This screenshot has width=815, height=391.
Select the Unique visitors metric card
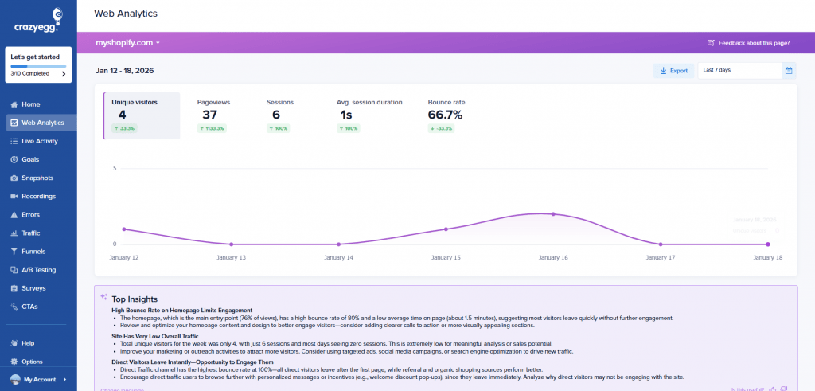(142, 115)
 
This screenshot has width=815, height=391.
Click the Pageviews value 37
(209, 115)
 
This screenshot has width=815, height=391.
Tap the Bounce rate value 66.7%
(445, 115)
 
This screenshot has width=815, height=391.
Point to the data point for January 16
(553, 214)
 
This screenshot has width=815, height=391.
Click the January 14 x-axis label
(338, 258)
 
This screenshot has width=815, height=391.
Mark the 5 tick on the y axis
(115, 169)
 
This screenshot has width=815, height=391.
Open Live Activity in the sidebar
(39, 141)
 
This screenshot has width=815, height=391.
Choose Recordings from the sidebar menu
(38, 196)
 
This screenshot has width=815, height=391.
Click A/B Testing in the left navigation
(39, 270)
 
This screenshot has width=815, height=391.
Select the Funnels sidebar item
(34, 252)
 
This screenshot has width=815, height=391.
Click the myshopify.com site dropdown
(127, 42)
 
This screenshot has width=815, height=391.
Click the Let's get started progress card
(38, 65)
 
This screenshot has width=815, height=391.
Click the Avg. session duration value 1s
(346, 115)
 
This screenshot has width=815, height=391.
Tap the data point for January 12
(123, 229)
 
